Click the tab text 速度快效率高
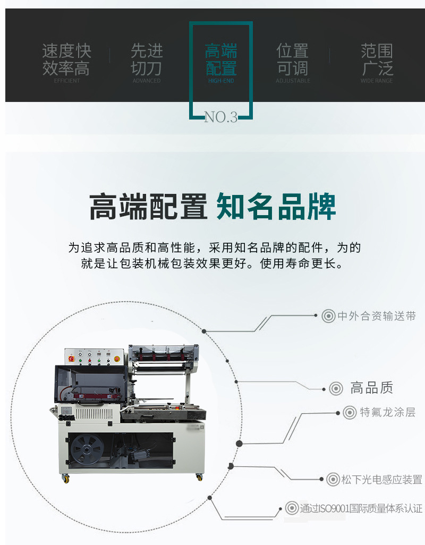(x=67, y=59)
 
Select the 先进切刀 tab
(x=147, y=59)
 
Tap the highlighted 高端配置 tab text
(x=221, y=59)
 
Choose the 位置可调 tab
(x=293, y=59)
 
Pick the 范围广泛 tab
(x=377, y=59)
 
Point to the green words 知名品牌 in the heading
(x=276, y=207)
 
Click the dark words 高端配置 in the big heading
(x=148, y=207)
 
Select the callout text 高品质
(x=371, y=388)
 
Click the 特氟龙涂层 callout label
(x=387, y=412)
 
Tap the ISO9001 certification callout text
(x=361, y=508)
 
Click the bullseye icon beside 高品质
(x=335, y=388)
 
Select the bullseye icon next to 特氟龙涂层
(x=350, y=412)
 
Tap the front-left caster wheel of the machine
(x=66, y=479)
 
